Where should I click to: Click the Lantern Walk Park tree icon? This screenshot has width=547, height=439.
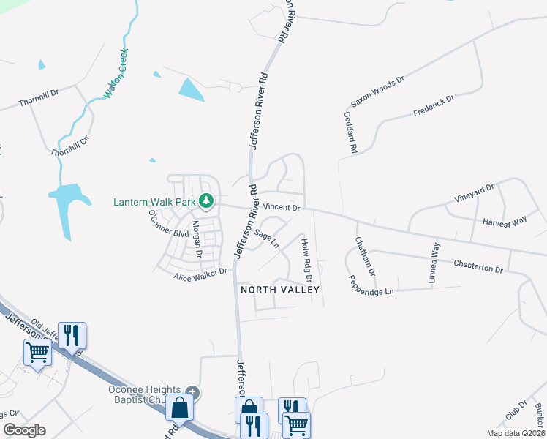click(207, 200)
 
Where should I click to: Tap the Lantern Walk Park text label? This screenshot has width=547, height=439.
click(155, 201)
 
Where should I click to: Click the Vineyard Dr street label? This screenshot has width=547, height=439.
click(475, 194)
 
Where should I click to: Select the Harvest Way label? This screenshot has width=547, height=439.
click(505, 221)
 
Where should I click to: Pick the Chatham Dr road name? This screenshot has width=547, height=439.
click(365, 255)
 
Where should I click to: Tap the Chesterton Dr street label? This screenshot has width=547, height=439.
click(478, 266)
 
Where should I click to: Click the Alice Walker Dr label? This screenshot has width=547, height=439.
click(201, 274)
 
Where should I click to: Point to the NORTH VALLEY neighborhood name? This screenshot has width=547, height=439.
click(281, 290)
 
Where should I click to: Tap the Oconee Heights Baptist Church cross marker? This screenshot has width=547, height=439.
click(192, 391)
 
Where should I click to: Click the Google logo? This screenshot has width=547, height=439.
click(24, 430)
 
